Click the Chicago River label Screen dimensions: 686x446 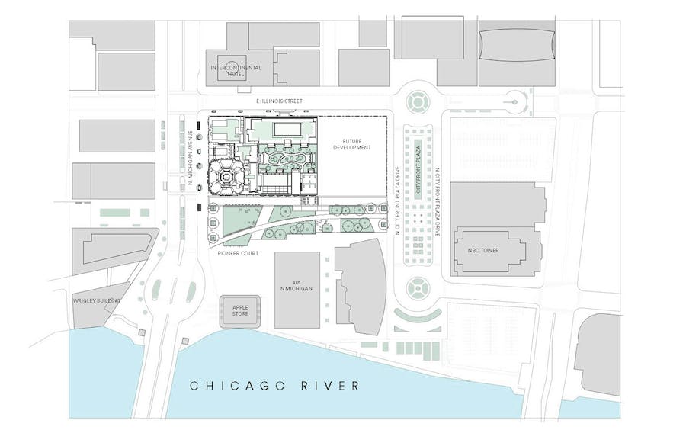[x=274, y=386]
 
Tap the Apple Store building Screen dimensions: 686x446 [x=239, y=311]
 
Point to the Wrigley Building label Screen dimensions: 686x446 [x=96, y=300]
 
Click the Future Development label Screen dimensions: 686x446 [x=351, y=143]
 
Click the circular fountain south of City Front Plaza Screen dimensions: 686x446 [x=418, y=288]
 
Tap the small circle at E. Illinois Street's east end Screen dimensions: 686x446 [x=514, y=101]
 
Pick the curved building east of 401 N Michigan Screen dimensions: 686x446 [x=361, y=286]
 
